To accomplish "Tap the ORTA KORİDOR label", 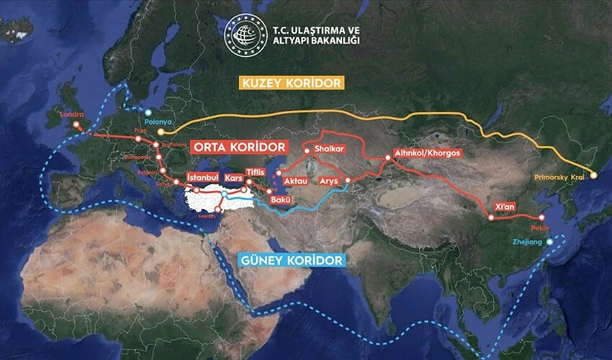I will (240, 146).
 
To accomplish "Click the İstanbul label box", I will (202, 176).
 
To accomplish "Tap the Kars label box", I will (233, 177).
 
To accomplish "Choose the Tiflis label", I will (256, 171).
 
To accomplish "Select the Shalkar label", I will (326, 149).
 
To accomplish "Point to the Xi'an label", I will (504, 207).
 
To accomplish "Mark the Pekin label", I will (537, 228).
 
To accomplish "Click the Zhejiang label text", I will (527, 242).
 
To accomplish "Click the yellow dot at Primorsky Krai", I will (594, 174).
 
